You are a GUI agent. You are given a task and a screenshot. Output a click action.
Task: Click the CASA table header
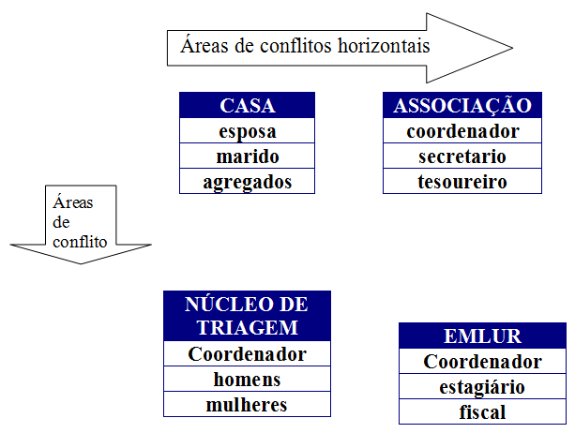247,105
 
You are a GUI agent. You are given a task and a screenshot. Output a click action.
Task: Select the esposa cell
247,131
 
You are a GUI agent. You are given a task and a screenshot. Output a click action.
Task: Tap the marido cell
247,157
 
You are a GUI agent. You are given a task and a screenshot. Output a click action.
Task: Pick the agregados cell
247,181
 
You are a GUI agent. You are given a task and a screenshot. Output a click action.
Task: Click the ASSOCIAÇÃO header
462,105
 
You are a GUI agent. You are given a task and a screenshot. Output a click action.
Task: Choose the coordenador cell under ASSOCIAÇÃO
462,131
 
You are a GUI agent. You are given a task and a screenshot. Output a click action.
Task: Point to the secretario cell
462,157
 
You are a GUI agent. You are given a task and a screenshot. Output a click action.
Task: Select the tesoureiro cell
462,181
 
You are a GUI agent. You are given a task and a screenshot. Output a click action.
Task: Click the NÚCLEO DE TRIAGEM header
247,316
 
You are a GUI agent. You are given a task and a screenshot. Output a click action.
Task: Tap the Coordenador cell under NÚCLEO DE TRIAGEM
247,354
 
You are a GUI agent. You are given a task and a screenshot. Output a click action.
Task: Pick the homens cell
247,380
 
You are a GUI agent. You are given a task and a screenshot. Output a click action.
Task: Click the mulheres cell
247,405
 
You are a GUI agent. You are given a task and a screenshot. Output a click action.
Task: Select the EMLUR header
482,336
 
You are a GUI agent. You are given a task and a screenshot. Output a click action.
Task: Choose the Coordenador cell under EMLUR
482,362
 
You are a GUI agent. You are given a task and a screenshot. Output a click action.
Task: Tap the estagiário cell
482,387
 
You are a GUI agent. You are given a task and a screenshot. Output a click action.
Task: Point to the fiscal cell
482,412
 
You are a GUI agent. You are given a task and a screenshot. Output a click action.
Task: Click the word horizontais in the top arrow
384,46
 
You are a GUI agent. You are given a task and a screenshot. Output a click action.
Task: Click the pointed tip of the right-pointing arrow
512,48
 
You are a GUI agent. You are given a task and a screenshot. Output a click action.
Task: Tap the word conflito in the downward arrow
80,242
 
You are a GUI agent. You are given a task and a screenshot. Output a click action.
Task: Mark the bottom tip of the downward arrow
81,263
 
